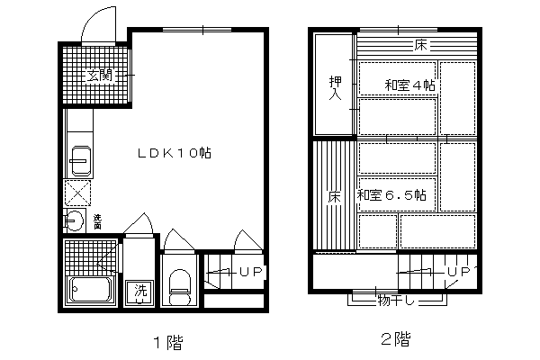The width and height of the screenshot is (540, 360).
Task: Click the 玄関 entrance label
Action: (100, 76)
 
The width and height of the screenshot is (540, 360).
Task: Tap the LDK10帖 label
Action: (175, 153)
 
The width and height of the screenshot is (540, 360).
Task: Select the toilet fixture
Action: (180, 287)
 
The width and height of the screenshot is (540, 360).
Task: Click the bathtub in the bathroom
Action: (90, 289)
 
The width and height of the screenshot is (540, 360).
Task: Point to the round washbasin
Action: (74, 220)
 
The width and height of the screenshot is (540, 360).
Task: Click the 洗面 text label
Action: (98, 222)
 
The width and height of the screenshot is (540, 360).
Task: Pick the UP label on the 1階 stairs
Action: (251, 272)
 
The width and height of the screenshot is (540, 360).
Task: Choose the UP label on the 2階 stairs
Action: (459, 272)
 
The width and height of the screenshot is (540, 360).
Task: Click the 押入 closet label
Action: (336, 88)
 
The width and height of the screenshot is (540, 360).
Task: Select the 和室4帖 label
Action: (409, 85)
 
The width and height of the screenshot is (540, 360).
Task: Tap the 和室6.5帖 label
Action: (391, 195)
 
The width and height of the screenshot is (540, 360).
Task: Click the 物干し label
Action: (396, 301)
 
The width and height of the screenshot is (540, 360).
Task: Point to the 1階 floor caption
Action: (168, 342)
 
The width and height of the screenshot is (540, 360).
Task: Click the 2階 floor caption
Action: (396, 338)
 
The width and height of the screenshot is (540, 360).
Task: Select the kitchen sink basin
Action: (81, 160)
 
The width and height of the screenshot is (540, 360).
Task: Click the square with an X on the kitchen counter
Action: (77, 193)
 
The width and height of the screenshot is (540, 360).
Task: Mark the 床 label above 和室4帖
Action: (420, 45)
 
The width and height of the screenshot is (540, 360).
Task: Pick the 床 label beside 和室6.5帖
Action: (335, 197)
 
